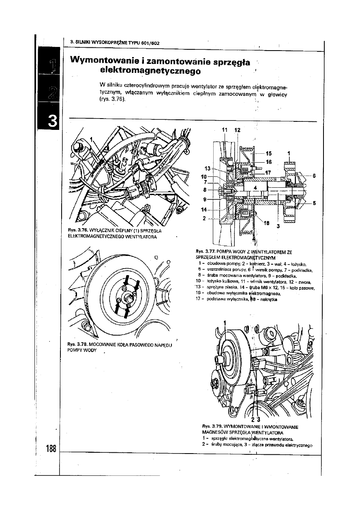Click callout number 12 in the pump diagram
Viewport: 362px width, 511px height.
coord(238,130)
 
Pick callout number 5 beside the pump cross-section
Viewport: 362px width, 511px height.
coord(314,203)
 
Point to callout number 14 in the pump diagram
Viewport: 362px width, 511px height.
coord(204,210)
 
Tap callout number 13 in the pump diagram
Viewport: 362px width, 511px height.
coord(208,168)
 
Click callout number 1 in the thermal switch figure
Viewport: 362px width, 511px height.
coord(92,139)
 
